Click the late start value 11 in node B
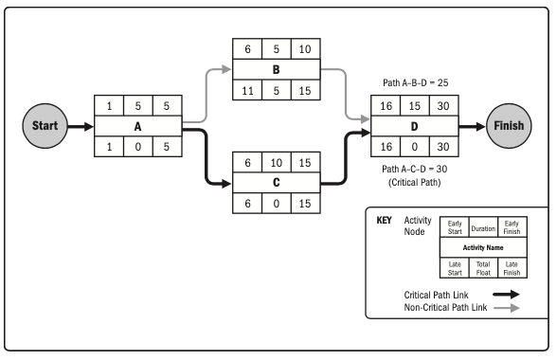[247, 91]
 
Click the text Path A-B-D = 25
[414, 82]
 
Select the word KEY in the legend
[384, 219]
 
